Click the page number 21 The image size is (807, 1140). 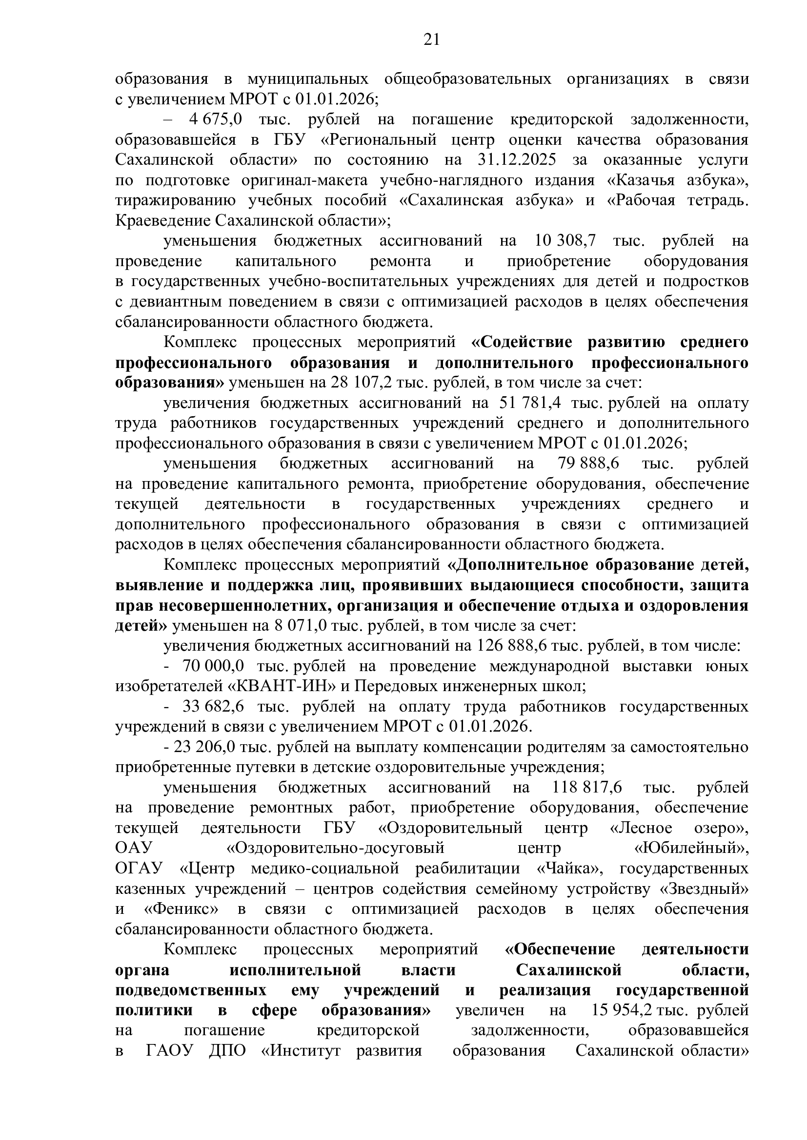pyautogui.click(x=431, y=39)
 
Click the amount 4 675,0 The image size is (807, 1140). pyautogui.click(x=215, y=120)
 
